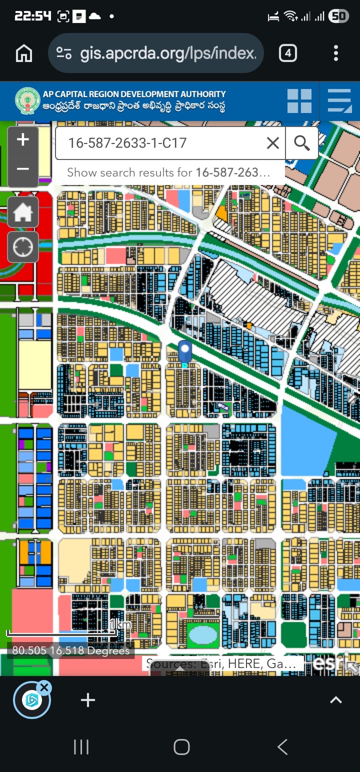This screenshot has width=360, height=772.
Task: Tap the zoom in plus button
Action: [x=23, y=140]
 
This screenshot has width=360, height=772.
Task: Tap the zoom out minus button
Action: [x=23, y=169]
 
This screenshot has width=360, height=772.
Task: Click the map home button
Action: [x=23, y=212]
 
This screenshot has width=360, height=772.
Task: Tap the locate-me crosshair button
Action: [x=23, y=247]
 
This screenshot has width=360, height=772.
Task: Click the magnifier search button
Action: [x=302, y=143]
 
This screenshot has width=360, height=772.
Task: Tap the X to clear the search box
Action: [x=273, y=143]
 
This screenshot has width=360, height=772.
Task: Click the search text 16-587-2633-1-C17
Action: [x=127, y=143]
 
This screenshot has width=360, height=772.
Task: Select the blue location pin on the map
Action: [x=185, y=351]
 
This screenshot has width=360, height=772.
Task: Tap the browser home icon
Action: [x=24, y=53]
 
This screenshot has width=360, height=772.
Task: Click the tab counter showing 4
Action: [x=287, y=53]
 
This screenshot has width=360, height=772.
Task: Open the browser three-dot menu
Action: [x=335, y=53]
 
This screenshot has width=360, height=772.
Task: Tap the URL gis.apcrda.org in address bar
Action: [x=168, y=53]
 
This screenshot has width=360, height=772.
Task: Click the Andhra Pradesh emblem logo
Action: [x=27, y=100]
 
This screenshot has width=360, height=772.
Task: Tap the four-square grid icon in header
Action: [x=299, y=100]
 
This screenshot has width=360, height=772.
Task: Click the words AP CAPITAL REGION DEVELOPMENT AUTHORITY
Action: [x=134, y=94]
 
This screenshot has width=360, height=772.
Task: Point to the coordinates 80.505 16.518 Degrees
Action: [x=71, y=650]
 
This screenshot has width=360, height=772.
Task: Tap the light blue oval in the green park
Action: [x=203, y=634]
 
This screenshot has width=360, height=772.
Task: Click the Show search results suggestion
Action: [x=168, y=173]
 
